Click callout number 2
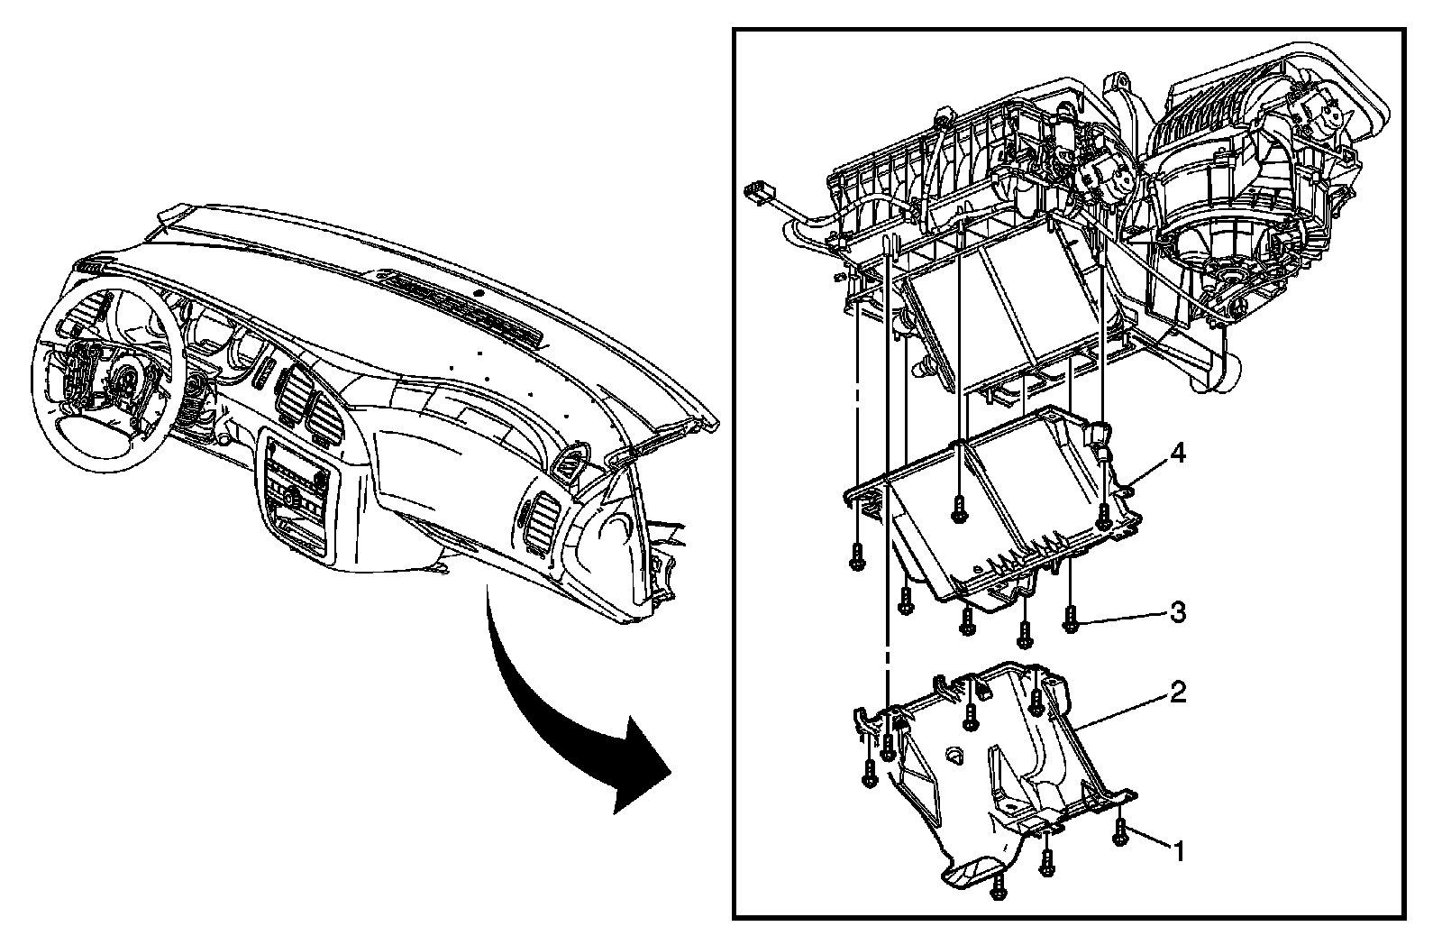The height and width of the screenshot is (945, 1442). coord(1178,693)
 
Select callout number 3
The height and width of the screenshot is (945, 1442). coord(1177,612)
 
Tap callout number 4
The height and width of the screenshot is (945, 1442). coord(1176,454)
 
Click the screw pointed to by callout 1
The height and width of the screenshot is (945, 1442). coord(1120,831)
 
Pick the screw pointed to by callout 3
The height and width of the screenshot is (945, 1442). coord(1071,618)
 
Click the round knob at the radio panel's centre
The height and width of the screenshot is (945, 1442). coord(290,493)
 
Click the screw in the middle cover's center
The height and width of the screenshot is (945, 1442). coord(959,509)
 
